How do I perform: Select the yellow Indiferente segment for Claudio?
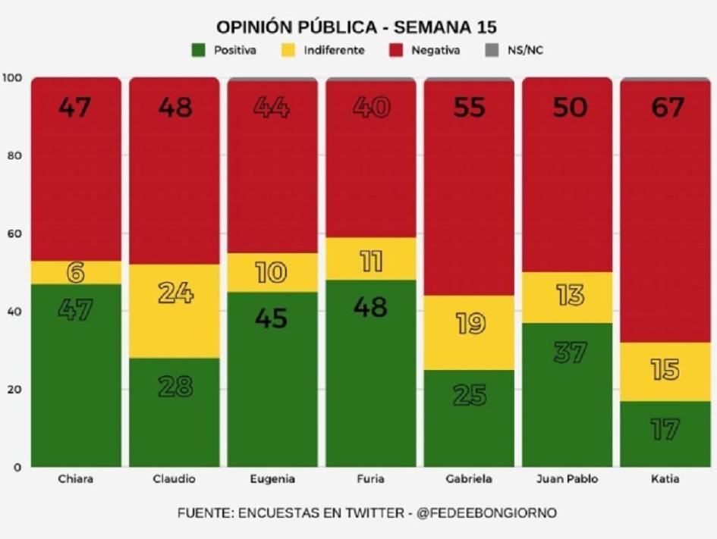pos(175,311)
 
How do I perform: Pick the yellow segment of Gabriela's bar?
pos(469,332)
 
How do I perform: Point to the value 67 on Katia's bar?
pos(665,108)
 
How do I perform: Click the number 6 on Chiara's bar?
pos(76,272)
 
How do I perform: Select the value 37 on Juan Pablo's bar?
pos(568,352)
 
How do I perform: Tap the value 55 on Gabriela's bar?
pos(469,108)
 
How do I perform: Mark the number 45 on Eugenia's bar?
pos(272,318)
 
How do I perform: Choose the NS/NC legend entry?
pos(519,51)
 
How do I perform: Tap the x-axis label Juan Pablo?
pos(568,479)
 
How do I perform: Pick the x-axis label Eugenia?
pos(272,479)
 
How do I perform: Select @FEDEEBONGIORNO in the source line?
pos(486,513)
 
